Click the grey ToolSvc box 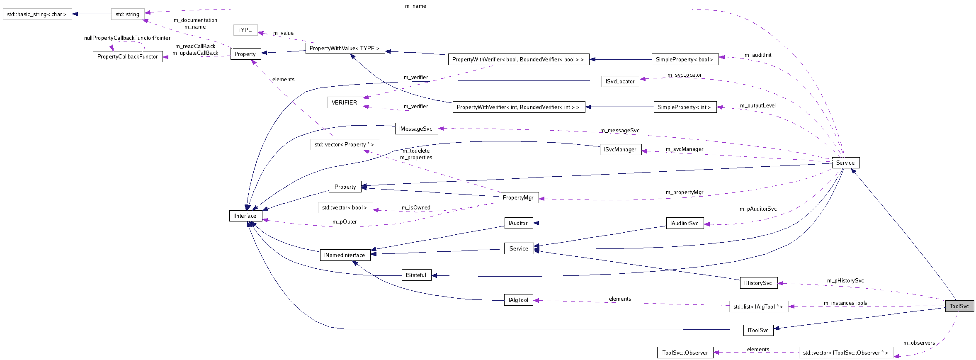[959, 306]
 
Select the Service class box [845, 163]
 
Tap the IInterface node [245, 216]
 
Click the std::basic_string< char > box [37, 14]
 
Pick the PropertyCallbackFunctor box [127, 56]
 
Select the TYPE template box [245, 30]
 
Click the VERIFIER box [344, 102]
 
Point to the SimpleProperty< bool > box [685, 59]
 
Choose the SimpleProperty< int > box [685, 107]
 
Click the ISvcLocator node [620, 81]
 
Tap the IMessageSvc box [416, 129]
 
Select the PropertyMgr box [518, 197]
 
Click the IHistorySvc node [758, 283]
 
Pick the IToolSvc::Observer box [685, 353]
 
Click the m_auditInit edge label [758, 55]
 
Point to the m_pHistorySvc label [845, 280]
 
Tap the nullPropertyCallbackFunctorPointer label [127, 38]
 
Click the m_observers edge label [919, 343]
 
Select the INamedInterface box [345, 255]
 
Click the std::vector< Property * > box [345, 144]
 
